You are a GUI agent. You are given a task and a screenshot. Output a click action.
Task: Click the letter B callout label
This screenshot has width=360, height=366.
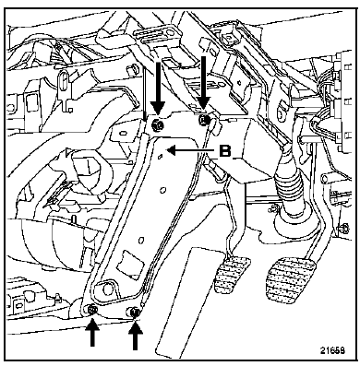click(x=225, y=150)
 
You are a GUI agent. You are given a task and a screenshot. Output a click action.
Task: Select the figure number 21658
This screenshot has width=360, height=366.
click(x=332, y=350)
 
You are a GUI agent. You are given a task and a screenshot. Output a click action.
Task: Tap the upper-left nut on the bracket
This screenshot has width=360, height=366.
click(x=158, y=125)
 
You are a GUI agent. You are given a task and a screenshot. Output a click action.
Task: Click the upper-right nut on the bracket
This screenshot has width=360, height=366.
click(x=204, y=119)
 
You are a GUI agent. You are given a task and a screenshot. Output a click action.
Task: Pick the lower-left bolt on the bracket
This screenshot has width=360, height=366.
click(x=91, y=311)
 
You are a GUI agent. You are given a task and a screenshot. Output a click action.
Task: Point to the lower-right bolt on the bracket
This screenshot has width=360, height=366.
click(x=135, y=312)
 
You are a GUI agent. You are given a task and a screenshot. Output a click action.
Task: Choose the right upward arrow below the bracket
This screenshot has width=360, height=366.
click(x=135, y=335)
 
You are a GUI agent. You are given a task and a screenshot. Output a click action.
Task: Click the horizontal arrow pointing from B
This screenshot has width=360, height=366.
click(x=190, y=150)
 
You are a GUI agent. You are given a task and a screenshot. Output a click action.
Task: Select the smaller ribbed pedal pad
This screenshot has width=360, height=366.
click(x=232, y=275)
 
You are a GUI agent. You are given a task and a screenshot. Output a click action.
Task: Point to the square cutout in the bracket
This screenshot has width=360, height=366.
click(x=130, y=262)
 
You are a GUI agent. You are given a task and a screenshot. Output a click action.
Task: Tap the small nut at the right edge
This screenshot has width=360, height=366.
click(x=344, y=228)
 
